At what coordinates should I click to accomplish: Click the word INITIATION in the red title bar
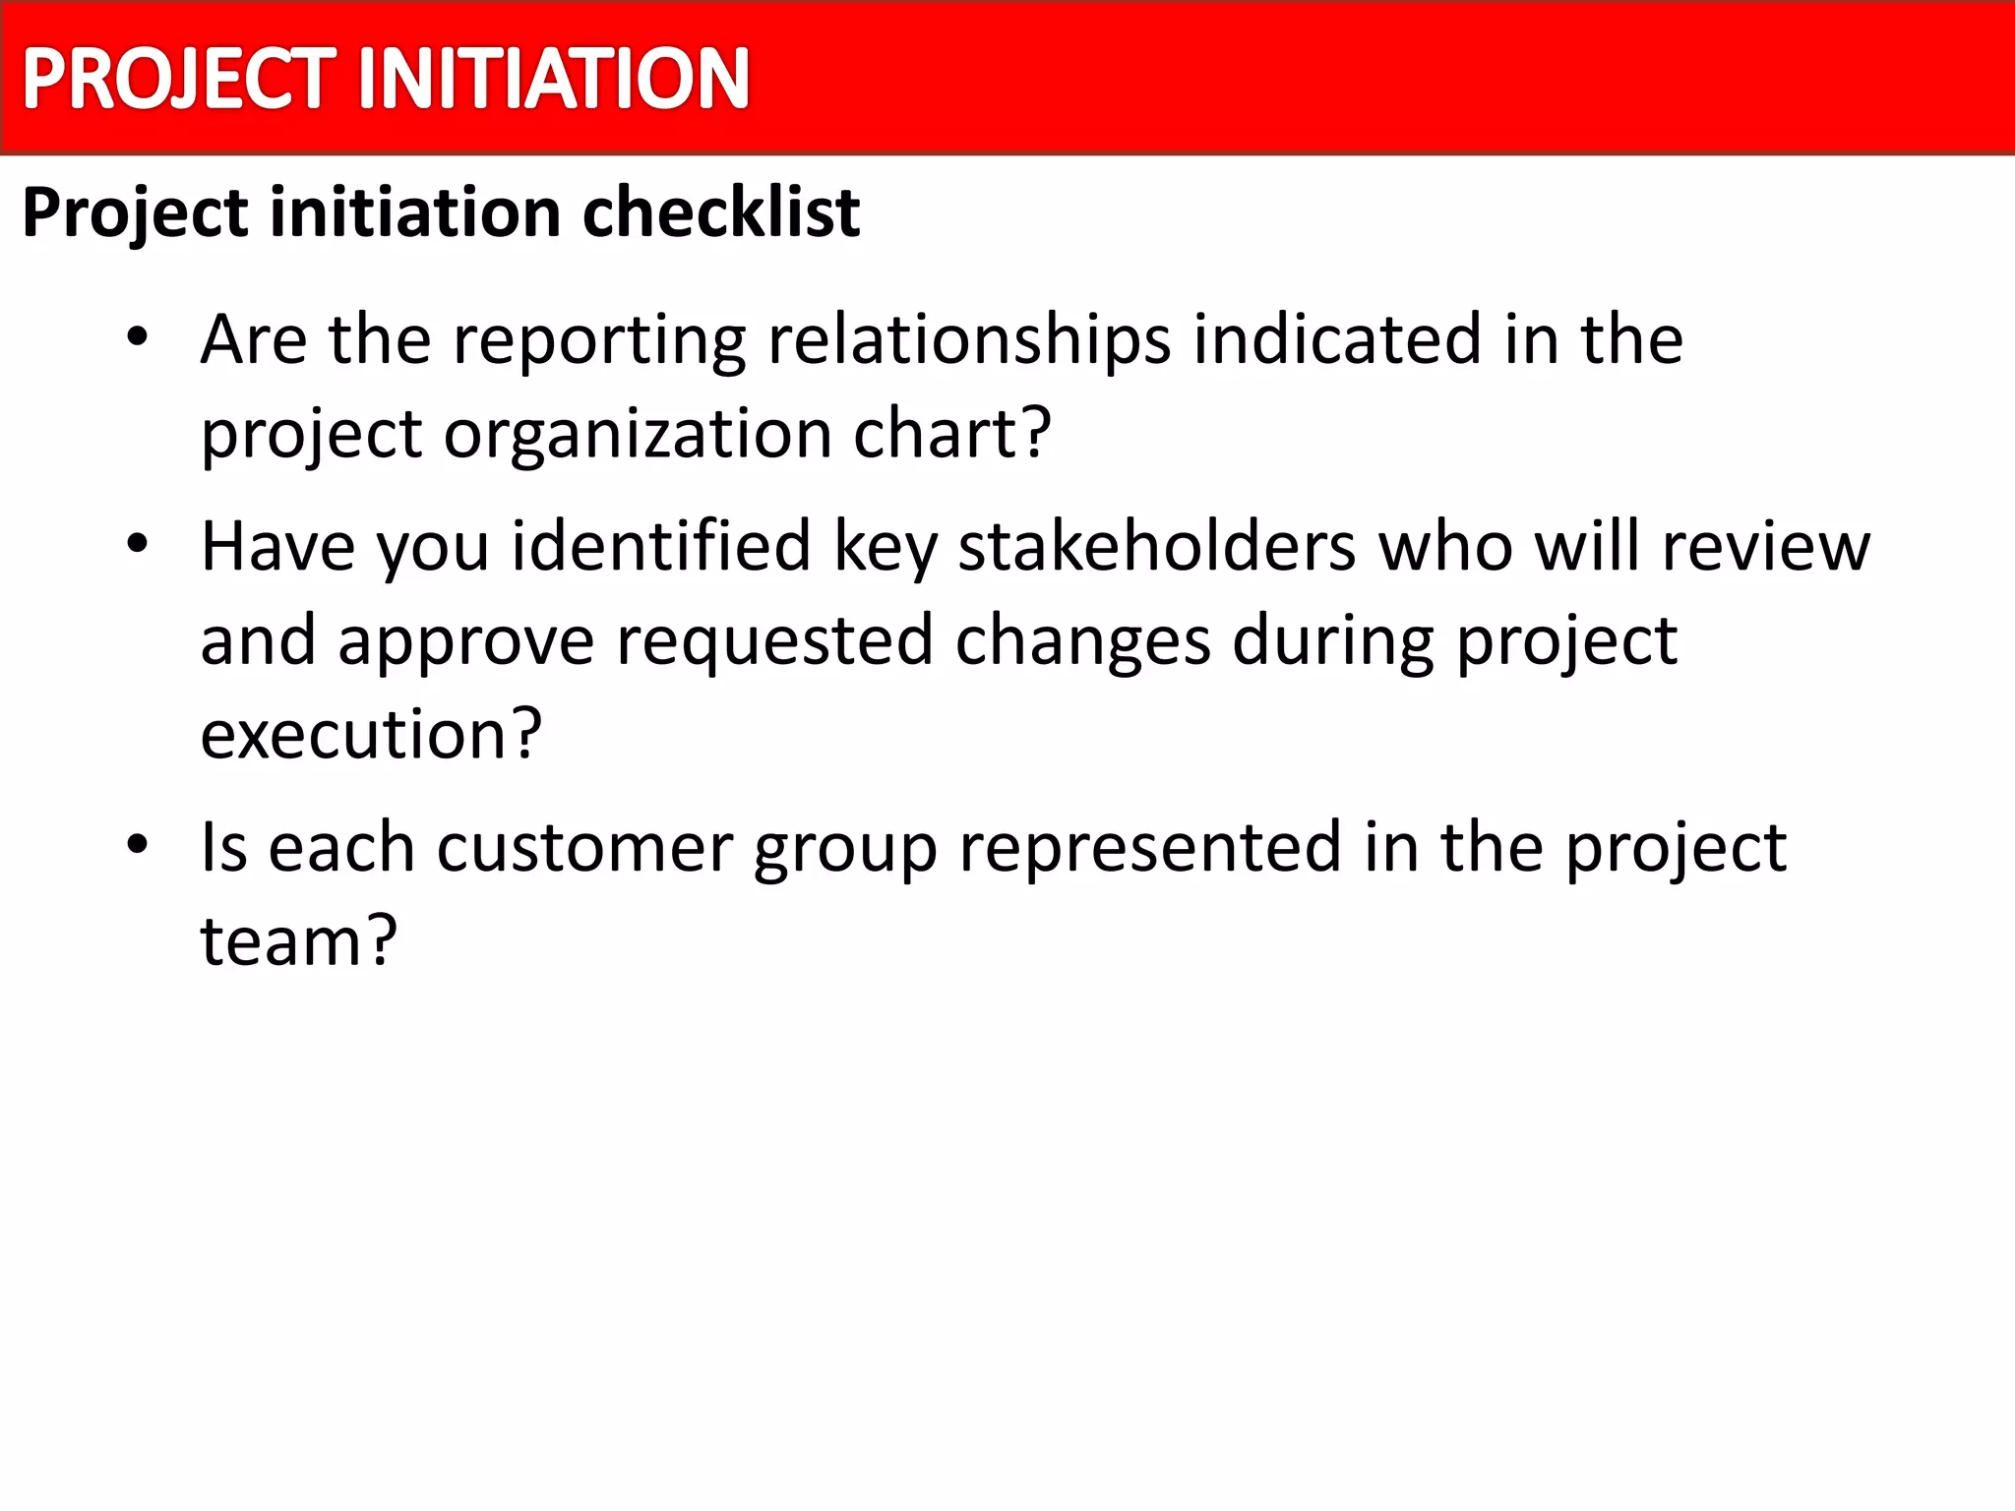pyautogui.click(x=554, y=79)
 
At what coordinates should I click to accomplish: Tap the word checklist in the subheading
pyautogui.click(x=721, y=212)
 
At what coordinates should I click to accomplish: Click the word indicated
pyautogui.click(x=1337, y=339)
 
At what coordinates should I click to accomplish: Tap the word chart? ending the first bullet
pyautogui.click(x=951, y=433)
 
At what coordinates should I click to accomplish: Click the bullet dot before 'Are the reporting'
pyautogui.click(x=137, y=338)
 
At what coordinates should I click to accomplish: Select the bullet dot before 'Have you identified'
pyautogui.click(x=137, y=544)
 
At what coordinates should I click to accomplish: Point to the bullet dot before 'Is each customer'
pyautogui.click(x=137, y=845)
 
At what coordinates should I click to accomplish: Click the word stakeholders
pyautogui.click(x=1157, y=547)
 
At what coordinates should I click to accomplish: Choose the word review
pyautogui.click(x=1766, y=547)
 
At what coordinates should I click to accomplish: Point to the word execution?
pyautogui.click(x=371, y=734)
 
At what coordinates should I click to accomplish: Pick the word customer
pyautogui.click(x=584, y=847)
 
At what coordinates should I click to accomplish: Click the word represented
pyautogui.click(x=1150, y=849)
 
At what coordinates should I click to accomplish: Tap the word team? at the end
pyautogui.click(x=298, y=940)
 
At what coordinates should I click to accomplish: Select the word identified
pyautogui.click(x=660, y=547)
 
